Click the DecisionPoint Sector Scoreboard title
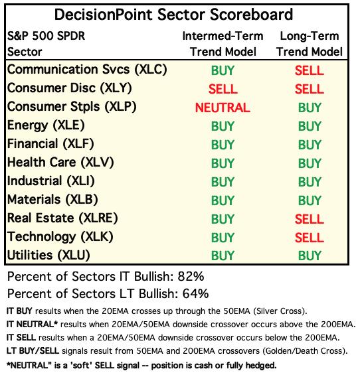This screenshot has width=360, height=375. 173,15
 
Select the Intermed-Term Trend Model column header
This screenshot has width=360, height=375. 223,44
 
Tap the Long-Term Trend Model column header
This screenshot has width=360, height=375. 310,44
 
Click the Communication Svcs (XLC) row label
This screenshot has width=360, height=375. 87,70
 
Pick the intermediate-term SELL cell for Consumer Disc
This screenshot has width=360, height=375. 223,89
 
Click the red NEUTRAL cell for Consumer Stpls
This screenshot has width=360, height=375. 223,108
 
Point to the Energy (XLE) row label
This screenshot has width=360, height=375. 46,125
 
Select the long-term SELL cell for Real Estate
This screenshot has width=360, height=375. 310,219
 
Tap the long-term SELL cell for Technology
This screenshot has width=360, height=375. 310,238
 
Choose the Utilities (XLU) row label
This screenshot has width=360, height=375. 48,255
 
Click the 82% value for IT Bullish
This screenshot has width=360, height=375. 191,277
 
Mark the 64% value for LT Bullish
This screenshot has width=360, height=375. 195,293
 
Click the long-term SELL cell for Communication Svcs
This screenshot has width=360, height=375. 310,70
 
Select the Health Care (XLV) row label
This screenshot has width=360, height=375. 60,163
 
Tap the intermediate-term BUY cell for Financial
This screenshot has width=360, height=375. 223,145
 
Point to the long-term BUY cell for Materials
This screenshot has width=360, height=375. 310,200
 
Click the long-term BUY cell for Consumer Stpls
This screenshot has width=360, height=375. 310,108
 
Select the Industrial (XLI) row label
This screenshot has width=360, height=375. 51,181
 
